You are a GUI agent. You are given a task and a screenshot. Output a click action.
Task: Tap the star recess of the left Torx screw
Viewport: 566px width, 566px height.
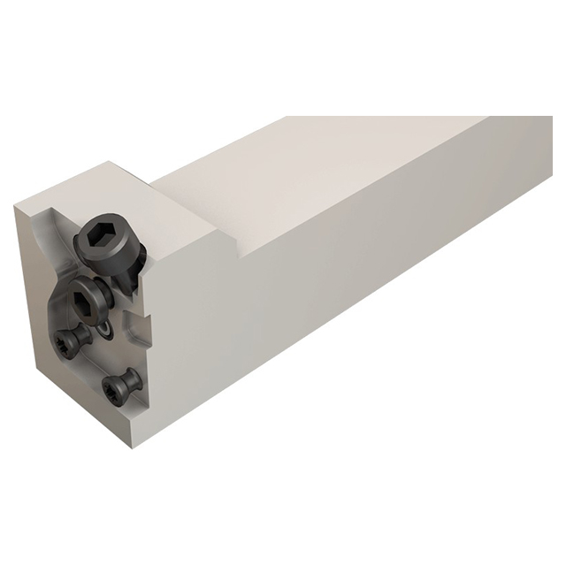coord(66,339)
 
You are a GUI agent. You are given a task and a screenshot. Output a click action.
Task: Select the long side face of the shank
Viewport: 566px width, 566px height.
coord(371,292)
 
